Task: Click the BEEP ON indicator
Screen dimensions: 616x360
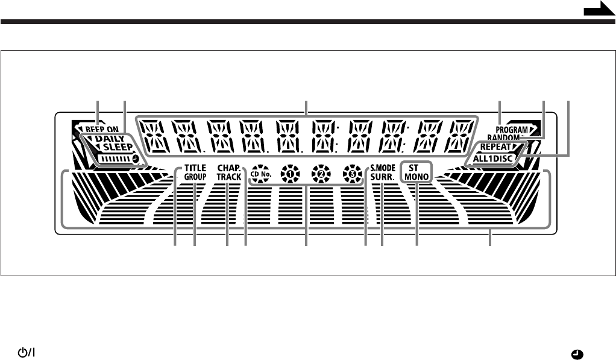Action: tap(101, 129)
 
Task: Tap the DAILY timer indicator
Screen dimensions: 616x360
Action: tap(108, 139)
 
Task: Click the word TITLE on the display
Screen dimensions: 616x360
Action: tap(195, 169)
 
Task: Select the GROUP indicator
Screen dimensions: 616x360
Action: tap(195, 178)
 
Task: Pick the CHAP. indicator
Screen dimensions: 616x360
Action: tap(228, 169)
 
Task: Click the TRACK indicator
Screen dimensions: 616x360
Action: tap(228, 178)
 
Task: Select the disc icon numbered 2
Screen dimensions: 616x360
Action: tap(318, 173)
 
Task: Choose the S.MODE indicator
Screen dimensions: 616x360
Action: tap(382, 169)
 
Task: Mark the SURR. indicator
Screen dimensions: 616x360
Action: tap(382, 178)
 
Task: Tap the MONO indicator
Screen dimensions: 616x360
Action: tap(416, 177)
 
